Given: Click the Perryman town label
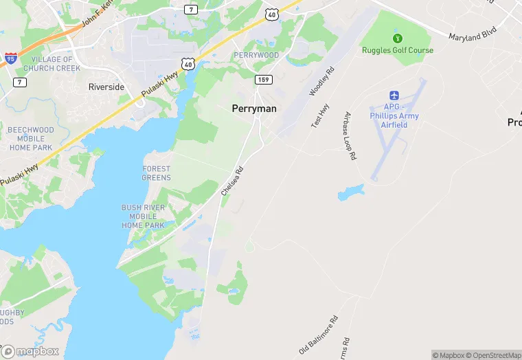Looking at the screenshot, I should [x=254, y=109].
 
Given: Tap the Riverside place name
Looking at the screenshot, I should [x=106, y=87].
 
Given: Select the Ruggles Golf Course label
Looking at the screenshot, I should [x=398, y=50].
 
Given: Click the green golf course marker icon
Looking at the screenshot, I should [x=396, y=38].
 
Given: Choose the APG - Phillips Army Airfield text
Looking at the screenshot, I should [x=394, y=115].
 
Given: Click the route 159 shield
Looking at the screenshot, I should [x=262, y=80].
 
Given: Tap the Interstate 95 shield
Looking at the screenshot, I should [x=10, y=59].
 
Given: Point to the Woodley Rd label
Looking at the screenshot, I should [x=321, y=81].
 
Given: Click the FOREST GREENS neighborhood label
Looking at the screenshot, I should [x=156, y=173].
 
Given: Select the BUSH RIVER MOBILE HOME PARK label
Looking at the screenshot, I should [x=143, y=216].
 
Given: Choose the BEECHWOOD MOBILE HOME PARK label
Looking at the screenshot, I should [x=30, y=138].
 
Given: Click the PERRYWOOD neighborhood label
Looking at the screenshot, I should [x=256, y=55].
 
